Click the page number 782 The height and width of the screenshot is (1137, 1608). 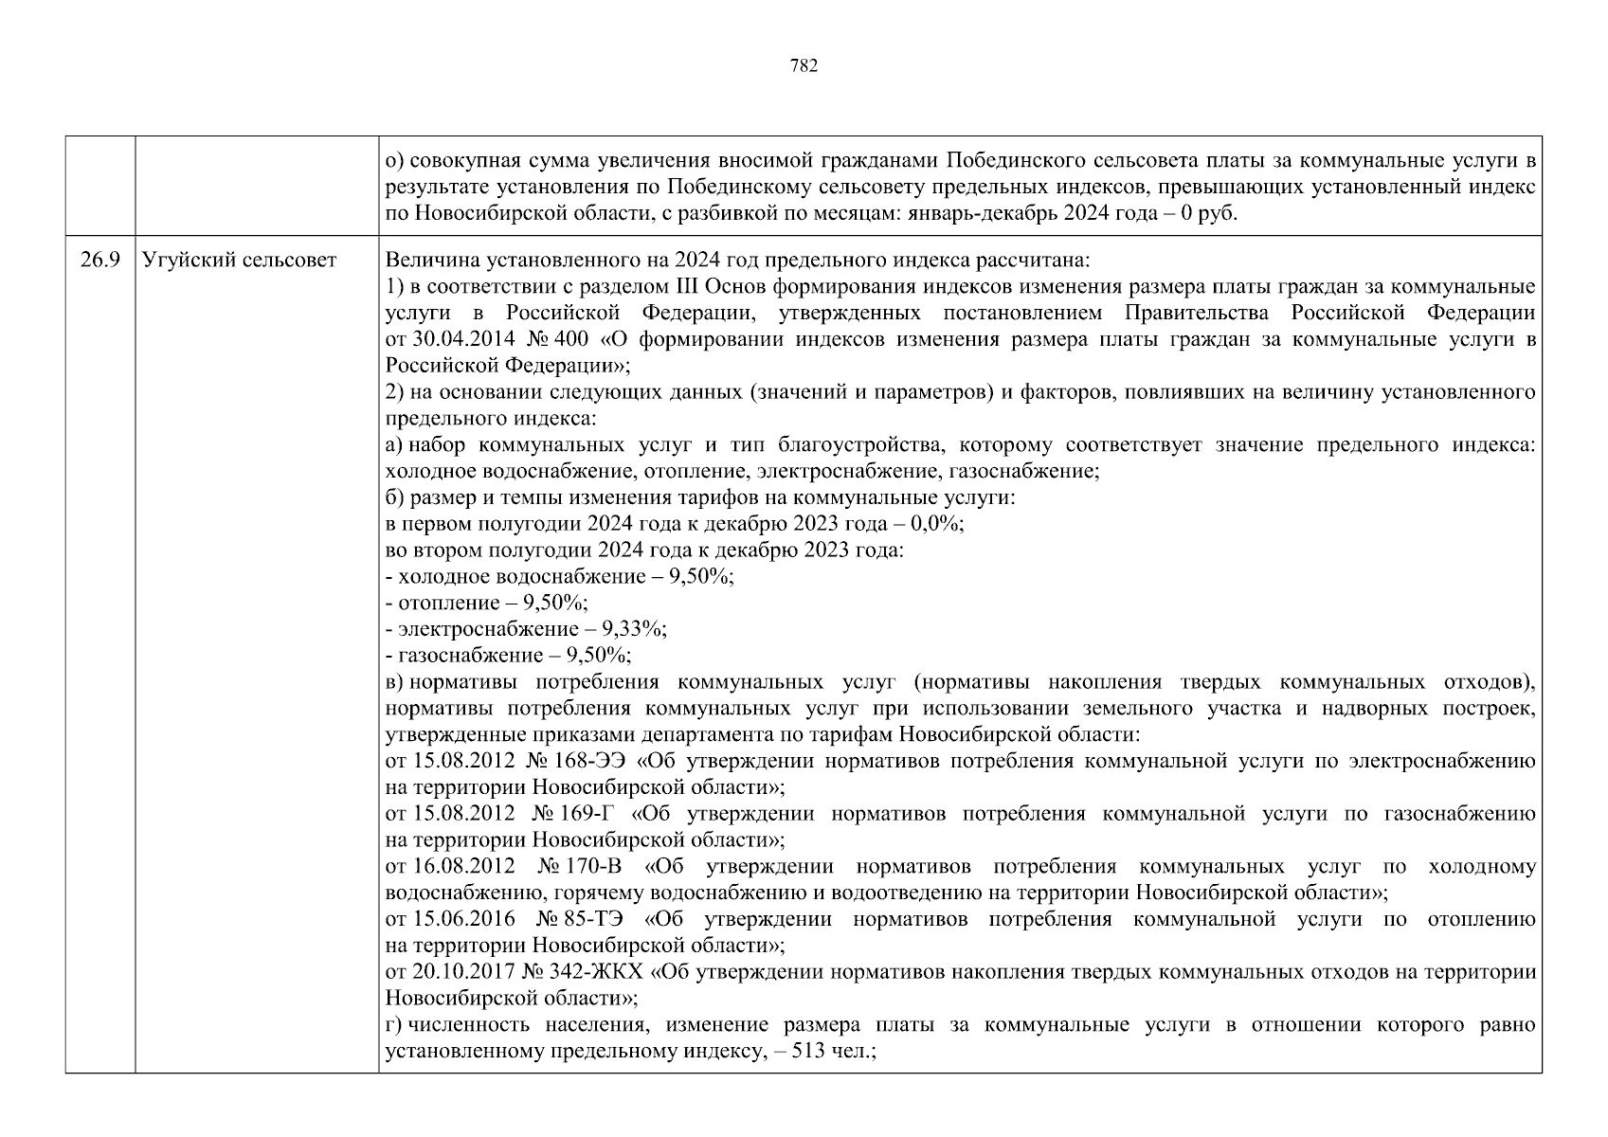[x=803, y=65]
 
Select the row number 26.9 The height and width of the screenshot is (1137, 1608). [x=99, y=261]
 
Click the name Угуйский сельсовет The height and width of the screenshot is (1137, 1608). [x=239, y=261]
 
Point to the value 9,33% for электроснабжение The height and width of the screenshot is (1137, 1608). [x=640, y=629]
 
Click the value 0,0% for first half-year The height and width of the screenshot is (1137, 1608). [x=934, y=524]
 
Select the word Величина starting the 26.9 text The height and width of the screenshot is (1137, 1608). [x=424, y=261]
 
